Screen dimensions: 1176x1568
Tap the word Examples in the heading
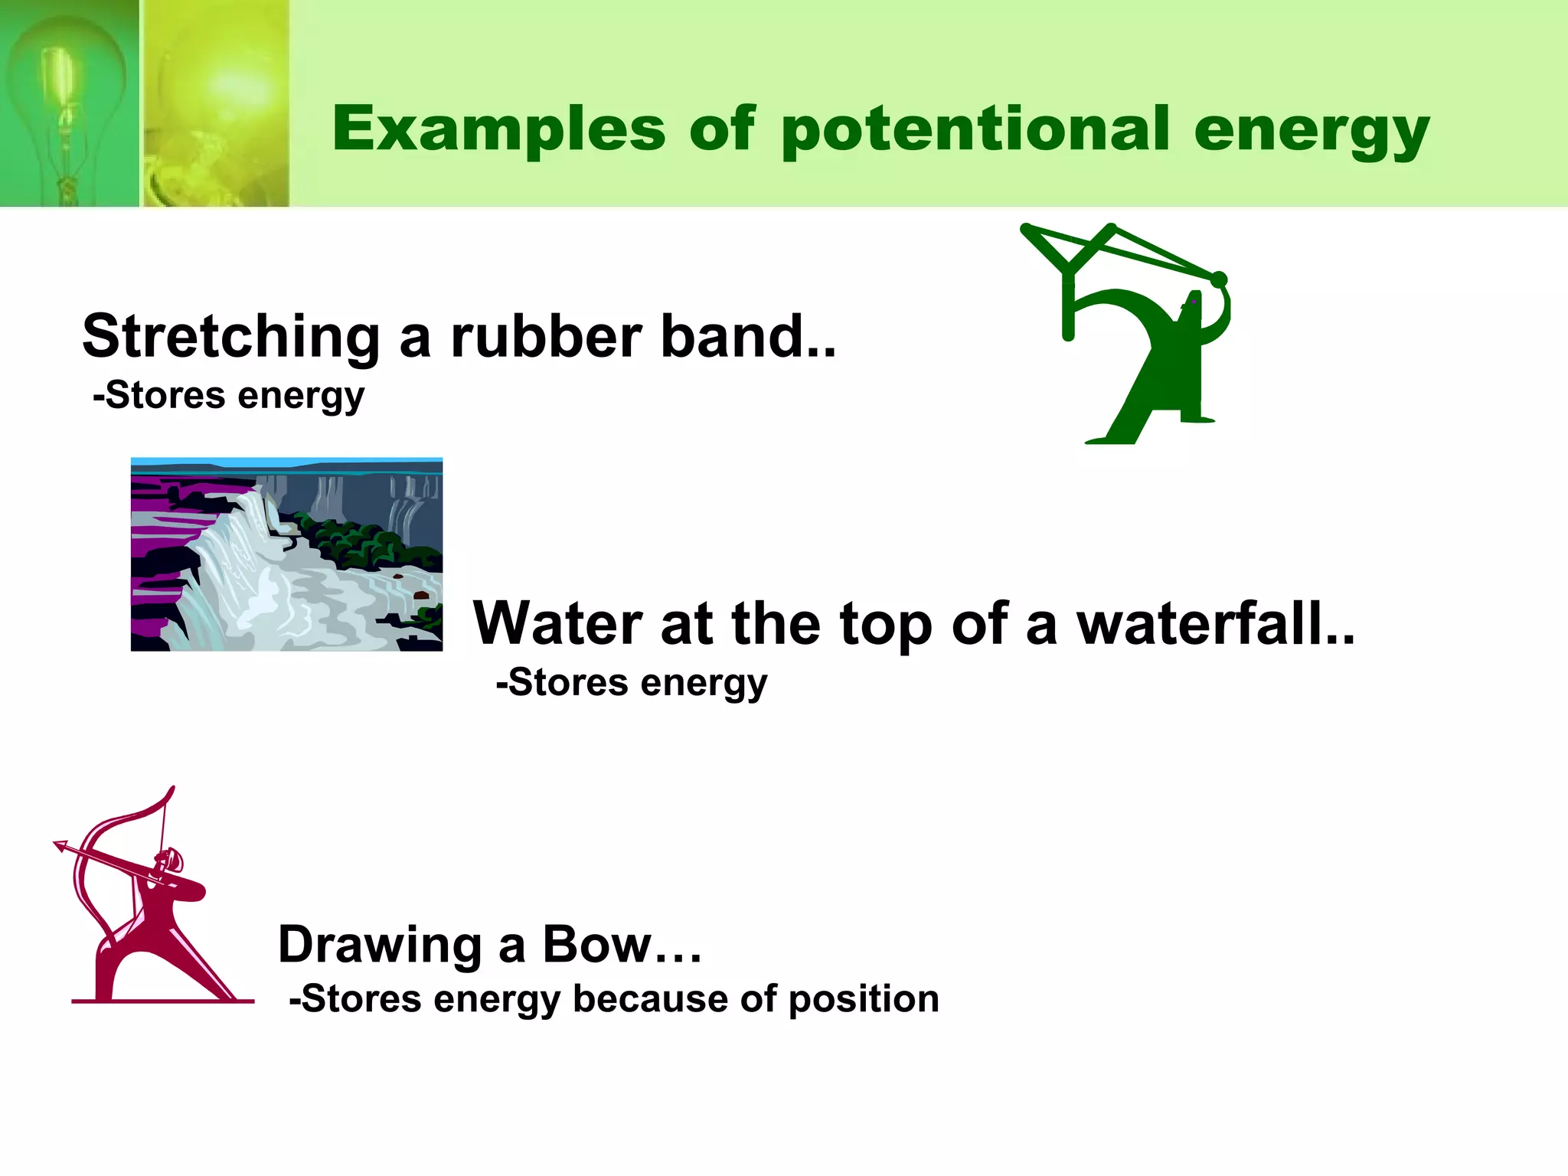(498, 130)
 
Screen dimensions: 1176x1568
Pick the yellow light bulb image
(217, 103)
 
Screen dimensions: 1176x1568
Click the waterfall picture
(286, 554)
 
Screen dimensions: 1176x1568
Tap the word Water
(557, 624)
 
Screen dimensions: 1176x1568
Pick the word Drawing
(380, 944)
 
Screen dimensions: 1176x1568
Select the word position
(863, 999)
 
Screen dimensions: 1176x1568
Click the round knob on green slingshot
(1219, 280)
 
